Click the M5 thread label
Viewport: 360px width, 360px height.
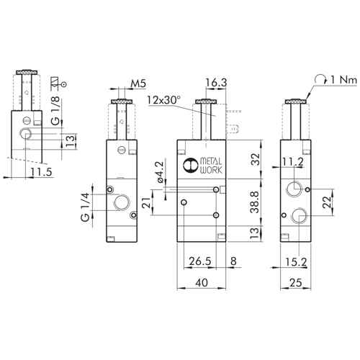point(138,84)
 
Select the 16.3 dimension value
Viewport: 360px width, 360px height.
point(216,82)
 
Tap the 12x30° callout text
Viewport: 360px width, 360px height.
point(164,100)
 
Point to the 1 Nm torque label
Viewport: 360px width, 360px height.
point(344,80)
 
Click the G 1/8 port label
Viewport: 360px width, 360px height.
point(56,111)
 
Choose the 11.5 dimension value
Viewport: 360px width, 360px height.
point(41,172)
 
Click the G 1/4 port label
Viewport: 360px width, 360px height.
point(86,207)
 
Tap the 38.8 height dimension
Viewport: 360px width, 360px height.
point(255,202)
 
